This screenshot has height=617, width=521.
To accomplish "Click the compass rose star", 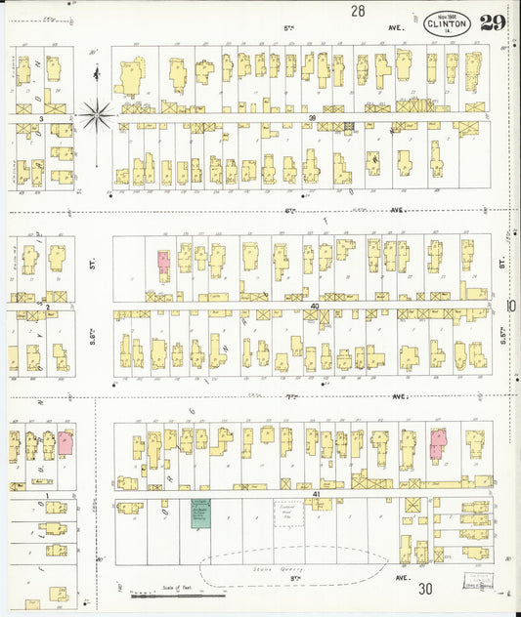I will (x=96, y=115).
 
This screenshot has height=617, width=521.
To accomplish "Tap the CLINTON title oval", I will (x=447, y=25).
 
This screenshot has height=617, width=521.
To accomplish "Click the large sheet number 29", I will (x=492, y=23).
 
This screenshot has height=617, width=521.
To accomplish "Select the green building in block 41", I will (x=199, y=514).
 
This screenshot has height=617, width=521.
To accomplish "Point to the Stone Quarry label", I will (x=280, y=567).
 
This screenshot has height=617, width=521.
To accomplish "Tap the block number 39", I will (x=312, y=118).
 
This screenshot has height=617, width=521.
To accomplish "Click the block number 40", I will (x=315, y=307).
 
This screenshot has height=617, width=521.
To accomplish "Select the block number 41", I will (x=316, y=495).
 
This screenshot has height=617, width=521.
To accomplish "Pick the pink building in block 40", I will (x=162, y=262).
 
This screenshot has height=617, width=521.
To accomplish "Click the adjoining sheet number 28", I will (x=358, y=11).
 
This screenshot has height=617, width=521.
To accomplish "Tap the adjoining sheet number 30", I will (x=425, y=589).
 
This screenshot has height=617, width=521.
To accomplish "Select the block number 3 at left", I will (x=41, y=118).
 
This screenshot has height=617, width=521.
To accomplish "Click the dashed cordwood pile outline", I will (x=287, y=514).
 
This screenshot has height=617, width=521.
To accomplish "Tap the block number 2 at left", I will (x=47, y=307).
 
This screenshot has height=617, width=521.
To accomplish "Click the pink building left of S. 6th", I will (x=65, y=443).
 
